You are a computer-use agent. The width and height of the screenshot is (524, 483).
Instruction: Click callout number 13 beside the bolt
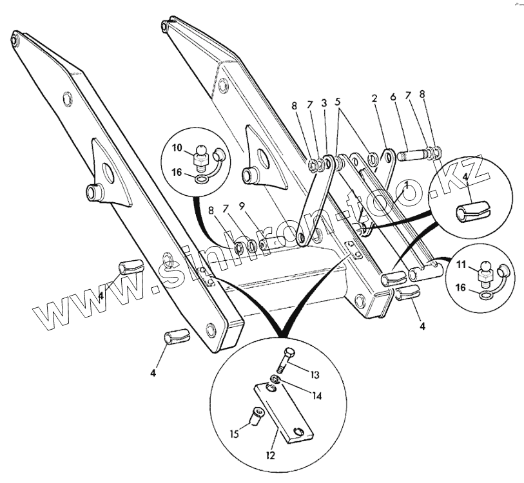316,374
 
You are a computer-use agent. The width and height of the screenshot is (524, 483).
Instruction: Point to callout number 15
236,433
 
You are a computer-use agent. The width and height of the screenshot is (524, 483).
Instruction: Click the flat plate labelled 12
283,413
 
